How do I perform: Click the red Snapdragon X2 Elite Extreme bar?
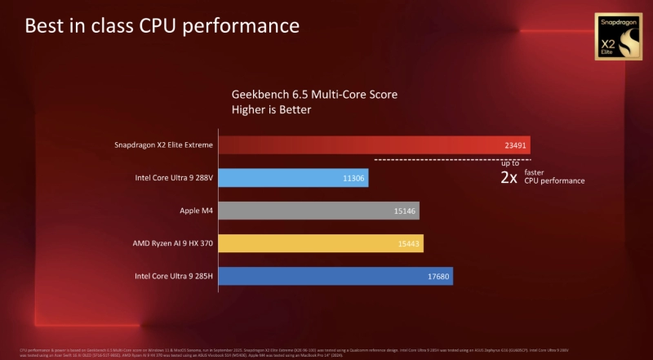coord(375,145)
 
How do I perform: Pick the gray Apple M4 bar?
coord(319,211)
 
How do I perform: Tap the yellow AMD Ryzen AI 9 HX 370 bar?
coord(321,243)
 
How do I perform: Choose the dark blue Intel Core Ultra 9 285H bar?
coord(335,276)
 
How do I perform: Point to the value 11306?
coord(354,178)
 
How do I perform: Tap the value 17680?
coord(438,276)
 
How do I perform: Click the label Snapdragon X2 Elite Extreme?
coord(164,145)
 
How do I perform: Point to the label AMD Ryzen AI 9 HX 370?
coord(173,243)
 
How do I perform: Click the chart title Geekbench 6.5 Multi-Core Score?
coord(315,94)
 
